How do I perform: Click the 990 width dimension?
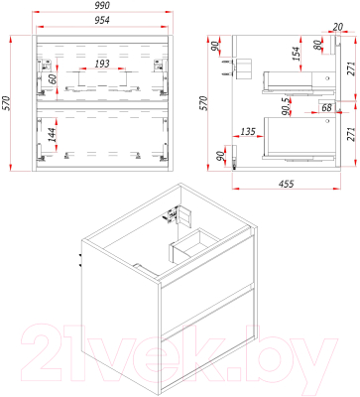pos(102,5)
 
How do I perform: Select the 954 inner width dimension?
pos(102,21)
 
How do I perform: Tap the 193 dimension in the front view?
pos(102,64)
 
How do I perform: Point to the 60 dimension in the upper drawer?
pos(53,79)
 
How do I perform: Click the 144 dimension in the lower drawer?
pos(52,135)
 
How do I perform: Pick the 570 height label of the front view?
pos(6,103)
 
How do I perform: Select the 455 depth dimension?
pos(286,183)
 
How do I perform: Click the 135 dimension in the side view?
pos(248,131)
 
